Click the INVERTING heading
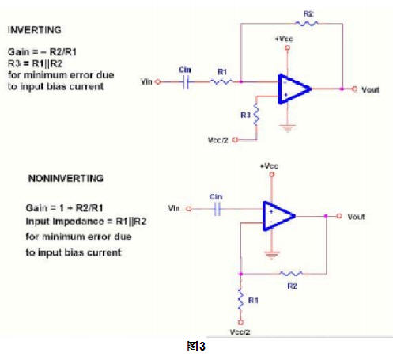35,30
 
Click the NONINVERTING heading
66,179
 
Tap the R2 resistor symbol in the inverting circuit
307,24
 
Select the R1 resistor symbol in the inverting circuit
221,82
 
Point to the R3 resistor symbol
256,115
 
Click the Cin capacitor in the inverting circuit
186,82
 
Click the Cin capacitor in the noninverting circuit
217,209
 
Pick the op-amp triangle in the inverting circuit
294,89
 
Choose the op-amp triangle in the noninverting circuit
278,216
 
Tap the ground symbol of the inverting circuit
287,128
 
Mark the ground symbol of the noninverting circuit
272,255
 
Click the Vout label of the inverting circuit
370,90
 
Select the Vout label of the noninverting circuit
356,217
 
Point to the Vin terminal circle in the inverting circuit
157,82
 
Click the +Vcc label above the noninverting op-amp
269,166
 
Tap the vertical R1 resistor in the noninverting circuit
240,299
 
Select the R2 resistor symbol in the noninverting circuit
291,274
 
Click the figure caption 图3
196,346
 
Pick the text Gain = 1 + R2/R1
64,208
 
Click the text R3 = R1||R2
35,63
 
